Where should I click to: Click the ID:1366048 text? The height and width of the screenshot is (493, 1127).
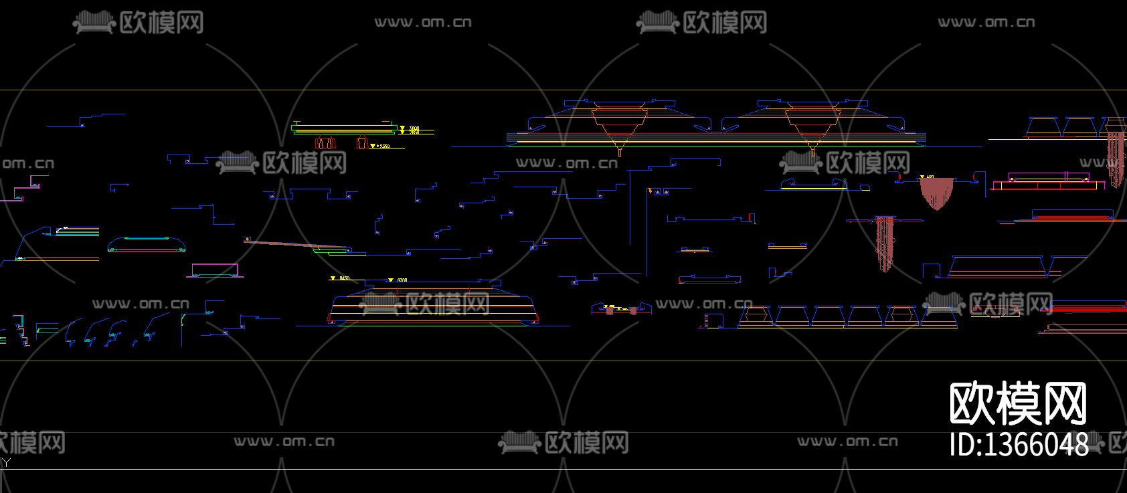pyautogui.click(x=1019, y=444)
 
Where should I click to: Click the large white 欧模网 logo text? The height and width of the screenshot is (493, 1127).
pyautogui.click(x=1019, y=404)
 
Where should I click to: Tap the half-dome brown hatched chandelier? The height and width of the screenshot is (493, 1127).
pyautogui.click(x=936, y=192)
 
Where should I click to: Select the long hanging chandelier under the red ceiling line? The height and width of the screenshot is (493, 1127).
pyautogui.click(x=885, y=243)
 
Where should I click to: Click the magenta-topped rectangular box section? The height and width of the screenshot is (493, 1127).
pyautogui.click(x=214, y=270)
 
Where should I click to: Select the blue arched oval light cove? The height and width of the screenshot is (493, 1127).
pyautogui.click(x=146, y=244)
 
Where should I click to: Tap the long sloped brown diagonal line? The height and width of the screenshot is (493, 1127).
pyautogui.click(x=288, y=244)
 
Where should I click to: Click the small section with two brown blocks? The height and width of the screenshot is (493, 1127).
pyautogui.click(x=620, y=309)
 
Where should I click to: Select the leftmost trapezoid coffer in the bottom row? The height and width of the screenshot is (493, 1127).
pyautogui.click(x=755, y=317)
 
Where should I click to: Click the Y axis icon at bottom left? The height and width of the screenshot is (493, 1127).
pyautogui.click(x=6, y=462)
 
